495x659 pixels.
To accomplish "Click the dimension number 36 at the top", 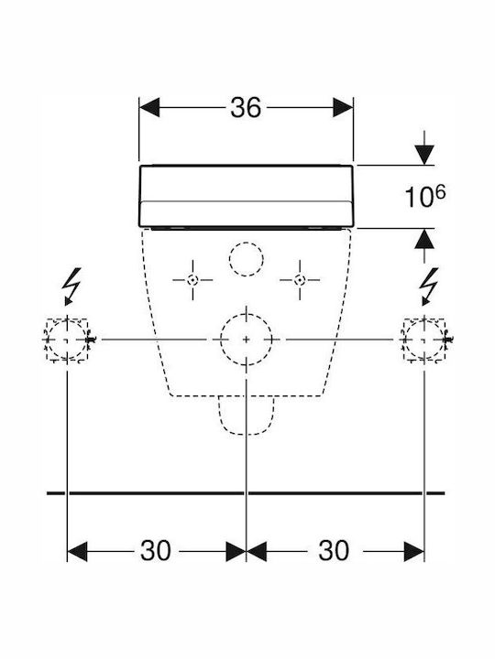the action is coord(246,108).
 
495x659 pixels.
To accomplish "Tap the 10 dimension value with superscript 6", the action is coord(424,197).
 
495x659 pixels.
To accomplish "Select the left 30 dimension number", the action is coord(156,551).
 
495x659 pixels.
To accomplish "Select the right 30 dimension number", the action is coord(334,551).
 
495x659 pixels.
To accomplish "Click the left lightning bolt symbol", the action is coord(71,286).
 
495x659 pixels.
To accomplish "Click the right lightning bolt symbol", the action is coord(428,286).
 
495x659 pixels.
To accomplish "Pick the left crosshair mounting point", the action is coord(192,280).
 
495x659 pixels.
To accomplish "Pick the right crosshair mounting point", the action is coord(300,280).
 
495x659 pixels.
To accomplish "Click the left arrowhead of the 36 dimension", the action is coord(149,108).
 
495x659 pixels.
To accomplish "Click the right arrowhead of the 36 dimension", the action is coord(343,108).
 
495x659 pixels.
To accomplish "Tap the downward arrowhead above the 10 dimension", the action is coord(424,155).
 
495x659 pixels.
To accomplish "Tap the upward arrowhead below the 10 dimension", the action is coord(424,240).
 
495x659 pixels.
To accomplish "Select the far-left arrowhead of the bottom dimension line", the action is coord(77,551).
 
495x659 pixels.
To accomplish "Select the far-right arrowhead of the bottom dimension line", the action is coord(414,551).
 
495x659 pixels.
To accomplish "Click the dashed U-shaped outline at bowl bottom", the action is coord(247,434).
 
